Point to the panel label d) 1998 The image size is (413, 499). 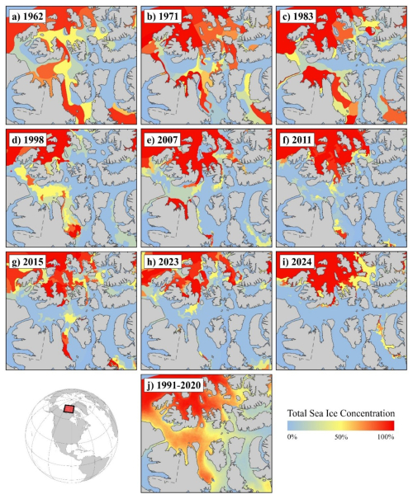tap(28, 137)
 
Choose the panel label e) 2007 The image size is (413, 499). tap(164, 137)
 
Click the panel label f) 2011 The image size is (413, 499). tap(299, 137)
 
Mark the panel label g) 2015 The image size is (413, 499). tap(28, 260)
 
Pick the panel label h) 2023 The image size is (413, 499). tap(164, 260)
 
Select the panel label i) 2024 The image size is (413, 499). tap(299, 260)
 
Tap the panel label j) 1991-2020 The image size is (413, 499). tap(174, 384)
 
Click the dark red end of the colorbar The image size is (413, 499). tap(389, 424)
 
